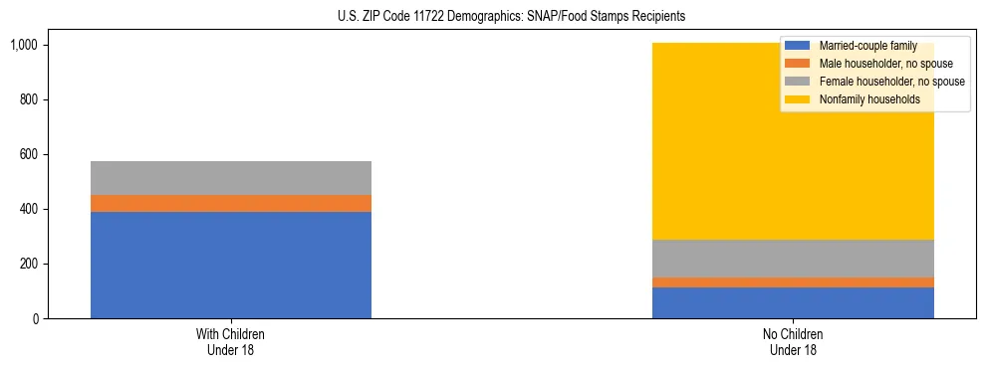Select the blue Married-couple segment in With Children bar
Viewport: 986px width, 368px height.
point(231,265)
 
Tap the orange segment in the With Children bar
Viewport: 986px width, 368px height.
point(231,203)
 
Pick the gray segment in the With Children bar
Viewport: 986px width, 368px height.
point(231,178)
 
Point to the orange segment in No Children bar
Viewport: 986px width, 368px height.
point(793,282)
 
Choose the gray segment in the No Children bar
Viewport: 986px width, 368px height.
point(793,259)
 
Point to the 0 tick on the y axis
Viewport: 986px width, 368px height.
point(35,318)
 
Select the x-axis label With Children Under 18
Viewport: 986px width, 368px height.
point(231,341)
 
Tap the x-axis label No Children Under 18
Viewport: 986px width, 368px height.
point(793,341)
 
